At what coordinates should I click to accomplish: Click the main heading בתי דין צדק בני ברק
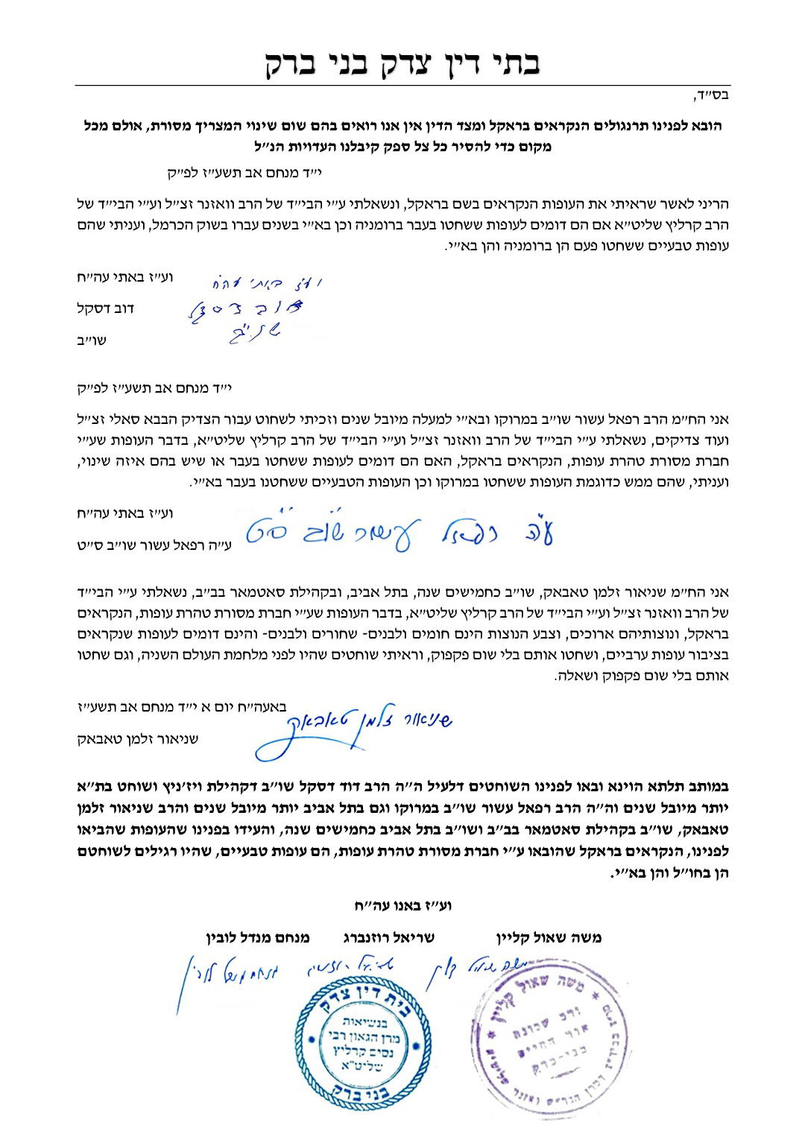(402, 63)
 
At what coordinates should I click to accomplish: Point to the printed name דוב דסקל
(106, 308)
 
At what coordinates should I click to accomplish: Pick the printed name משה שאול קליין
(549, 938)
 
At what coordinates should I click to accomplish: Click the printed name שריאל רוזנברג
(388, 938)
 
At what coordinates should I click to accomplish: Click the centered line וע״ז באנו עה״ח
(403, 906)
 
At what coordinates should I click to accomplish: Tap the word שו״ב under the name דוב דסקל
(92, 340)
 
